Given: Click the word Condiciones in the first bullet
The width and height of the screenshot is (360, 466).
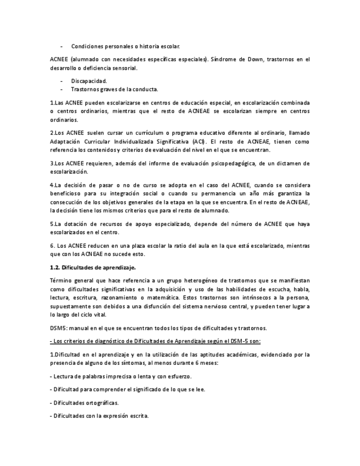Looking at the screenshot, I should pos(88,46).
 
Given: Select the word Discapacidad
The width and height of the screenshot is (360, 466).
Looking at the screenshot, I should pos(88,81).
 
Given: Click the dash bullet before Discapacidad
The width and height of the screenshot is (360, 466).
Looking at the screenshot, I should pos(62,81).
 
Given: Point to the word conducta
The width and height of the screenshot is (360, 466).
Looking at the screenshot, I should pos(144,89).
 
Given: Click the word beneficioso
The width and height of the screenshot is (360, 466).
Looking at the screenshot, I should pos(68,193).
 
